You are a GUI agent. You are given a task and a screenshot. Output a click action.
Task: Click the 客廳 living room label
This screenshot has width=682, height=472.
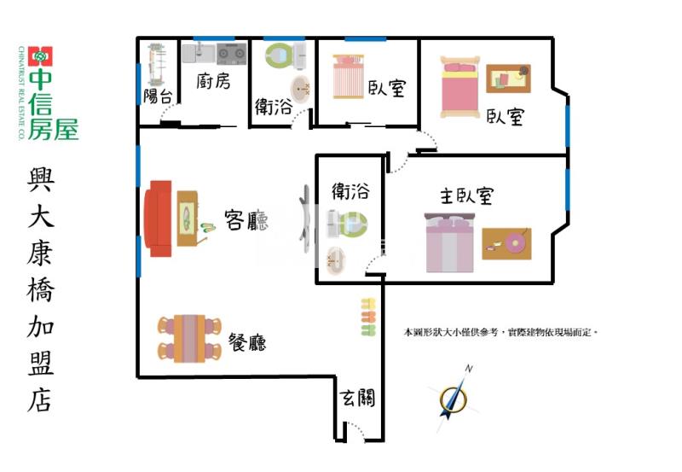pos(246,221)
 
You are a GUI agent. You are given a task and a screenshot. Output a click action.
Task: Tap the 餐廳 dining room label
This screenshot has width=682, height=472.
pos(247,343)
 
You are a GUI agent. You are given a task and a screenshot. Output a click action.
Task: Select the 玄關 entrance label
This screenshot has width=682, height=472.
pos(357,397)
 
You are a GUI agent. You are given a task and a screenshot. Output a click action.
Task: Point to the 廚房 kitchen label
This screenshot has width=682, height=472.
pos(213,81)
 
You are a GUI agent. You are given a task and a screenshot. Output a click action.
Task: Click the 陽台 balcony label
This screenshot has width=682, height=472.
pos(158,95)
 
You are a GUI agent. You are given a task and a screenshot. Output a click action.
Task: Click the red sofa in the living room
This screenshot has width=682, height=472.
pos(159,218)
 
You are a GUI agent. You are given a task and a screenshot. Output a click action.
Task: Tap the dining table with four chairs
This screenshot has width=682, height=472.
pos(189,337)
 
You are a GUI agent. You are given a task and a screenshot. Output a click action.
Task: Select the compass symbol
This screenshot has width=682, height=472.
pos(454,395)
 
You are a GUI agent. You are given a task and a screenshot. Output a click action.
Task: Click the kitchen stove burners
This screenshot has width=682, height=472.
pos(231,55)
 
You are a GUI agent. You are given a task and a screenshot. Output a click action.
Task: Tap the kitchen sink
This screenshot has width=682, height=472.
pos(198,54)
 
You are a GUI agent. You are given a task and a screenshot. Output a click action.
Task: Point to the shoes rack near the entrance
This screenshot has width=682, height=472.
pos(367,317)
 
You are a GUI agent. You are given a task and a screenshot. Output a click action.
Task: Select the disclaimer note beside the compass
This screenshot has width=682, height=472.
pos(500,331)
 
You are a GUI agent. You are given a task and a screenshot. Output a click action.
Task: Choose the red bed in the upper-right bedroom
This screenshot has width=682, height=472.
pos(460,87)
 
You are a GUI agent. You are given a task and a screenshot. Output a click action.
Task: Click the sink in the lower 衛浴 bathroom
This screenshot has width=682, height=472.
pos(337,259)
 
